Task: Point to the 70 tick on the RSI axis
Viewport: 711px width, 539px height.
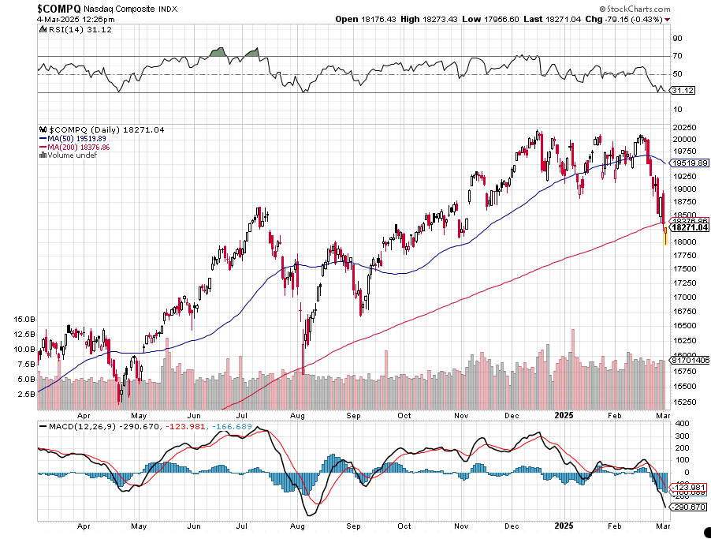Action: [x=677, y=56]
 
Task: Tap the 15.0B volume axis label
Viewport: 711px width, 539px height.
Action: [x=24, y=320]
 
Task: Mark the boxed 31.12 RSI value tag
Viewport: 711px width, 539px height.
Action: [x=682, y=91]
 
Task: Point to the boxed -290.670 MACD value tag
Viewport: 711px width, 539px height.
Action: [x=687, y=506]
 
